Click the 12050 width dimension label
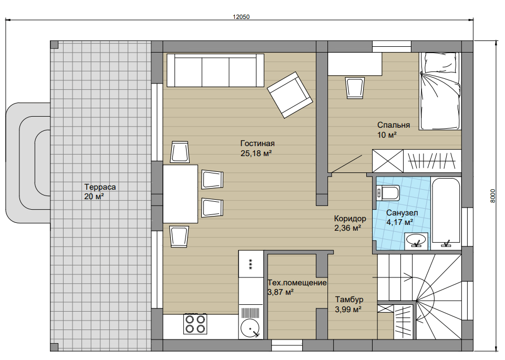[x=241, y=17]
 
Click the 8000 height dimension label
[x=493, y=196]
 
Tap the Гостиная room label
[x=257, y=143]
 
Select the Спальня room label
[x=394, y=125]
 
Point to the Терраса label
[x=100, y=187]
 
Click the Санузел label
[x=402, y=213]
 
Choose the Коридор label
[x=350, y=219]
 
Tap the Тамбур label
[x=349, y=300]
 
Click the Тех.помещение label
[x=297, y=283]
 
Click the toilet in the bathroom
[x=388, y=193]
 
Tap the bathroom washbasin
[x=416, y=240]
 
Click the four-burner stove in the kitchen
[x=195, y=324]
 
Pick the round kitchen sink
[x=250, y=328]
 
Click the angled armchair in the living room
[x=290, y=95]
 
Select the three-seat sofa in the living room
[x=215, y=70]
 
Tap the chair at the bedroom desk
[x=355, y=88]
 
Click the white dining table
[x=180, y=194]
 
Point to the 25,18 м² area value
[x=256, y=153]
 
